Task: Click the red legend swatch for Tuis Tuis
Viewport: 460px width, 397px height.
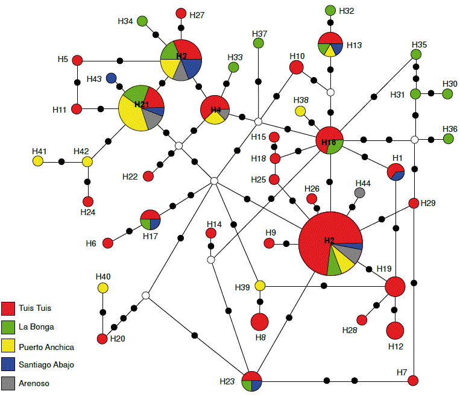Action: click(x=8, y=308)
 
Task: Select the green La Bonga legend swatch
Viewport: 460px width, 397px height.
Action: click(x=8, y=327)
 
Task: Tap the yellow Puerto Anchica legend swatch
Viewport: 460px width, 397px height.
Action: click(x=8, y=346)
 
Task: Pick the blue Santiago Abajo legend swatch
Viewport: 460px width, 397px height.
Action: click(x=8, y=364)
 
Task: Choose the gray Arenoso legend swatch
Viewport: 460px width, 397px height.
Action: click(x=8, y=383)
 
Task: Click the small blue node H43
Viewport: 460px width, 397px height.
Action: click(x=111, y=78)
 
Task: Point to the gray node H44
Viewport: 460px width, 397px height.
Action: click(x=360, y=193)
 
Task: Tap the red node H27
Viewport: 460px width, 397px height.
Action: click(x=181, y=13)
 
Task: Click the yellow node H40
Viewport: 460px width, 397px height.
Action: click(x=103, y=287)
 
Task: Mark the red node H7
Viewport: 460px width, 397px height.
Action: click(x=413, y=380)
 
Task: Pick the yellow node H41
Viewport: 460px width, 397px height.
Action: click(x=38, y=161)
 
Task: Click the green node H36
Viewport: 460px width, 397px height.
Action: click(x=449, y=139)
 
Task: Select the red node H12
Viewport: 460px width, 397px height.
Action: click(x=395, y=331)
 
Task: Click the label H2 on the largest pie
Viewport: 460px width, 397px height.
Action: click(x=329, y=240)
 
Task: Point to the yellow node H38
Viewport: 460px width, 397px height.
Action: click(x=300, y=110)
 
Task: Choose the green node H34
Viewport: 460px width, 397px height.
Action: click(x=143, y=22)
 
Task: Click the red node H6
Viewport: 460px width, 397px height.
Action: click(x=107, y=243)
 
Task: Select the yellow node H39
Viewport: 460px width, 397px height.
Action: click(x=260, y=285)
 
